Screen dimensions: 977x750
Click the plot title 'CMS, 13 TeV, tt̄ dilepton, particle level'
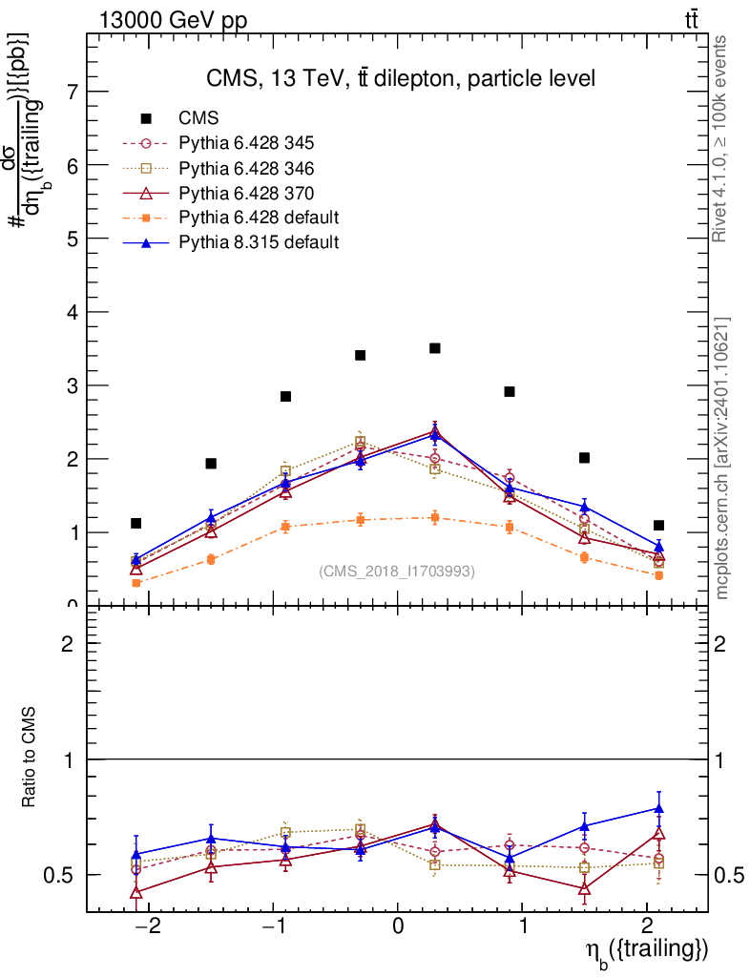(401, 79)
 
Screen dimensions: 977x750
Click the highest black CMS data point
(435, 348)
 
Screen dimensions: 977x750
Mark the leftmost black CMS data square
(136, 523)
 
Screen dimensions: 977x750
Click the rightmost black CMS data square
(659, 525)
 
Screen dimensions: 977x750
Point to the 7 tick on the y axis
(73, 92)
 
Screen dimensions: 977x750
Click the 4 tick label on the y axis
(73, 312)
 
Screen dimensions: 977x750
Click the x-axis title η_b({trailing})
(645, 950)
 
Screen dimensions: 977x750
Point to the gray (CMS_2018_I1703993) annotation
(397, 571)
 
